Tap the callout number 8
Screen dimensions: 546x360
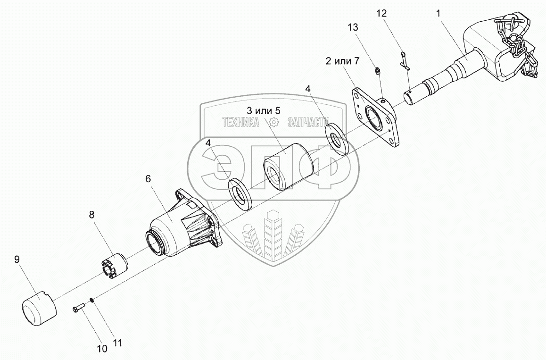pos(91,215)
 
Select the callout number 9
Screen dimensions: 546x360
pos(17,259)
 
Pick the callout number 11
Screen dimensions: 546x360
pos(117,343)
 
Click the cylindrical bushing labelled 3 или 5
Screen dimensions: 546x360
pos(285,168)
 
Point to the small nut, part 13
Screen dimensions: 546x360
pos(377,72)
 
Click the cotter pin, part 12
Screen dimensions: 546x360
pos(404,62)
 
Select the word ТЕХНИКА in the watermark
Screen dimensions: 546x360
pos(241,123)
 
